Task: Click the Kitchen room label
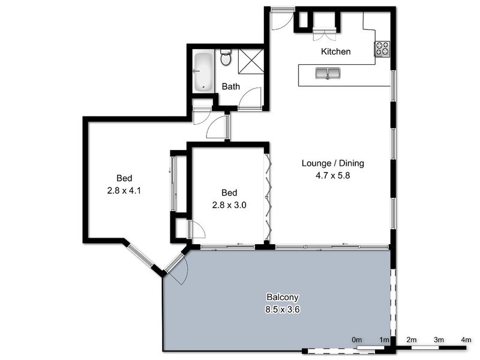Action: pos(335,52)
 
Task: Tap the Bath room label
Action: pos(231,86)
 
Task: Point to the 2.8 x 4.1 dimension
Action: pos(124,191)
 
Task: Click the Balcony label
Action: pos(282,298)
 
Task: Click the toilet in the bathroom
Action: pos(226,58)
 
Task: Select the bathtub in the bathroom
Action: pos(203,71)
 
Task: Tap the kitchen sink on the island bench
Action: pos(328,74)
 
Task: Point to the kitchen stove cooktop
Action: pos(382,49)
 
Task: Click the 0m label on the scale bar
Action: pos(357,341)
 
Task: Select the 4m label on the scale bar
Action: pos(466,341)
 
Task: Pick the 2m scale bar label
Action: pos(412,341)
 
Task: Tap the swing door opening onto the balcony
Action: pos(178,268)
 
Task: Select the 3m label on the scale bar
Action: pos(439,341)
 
